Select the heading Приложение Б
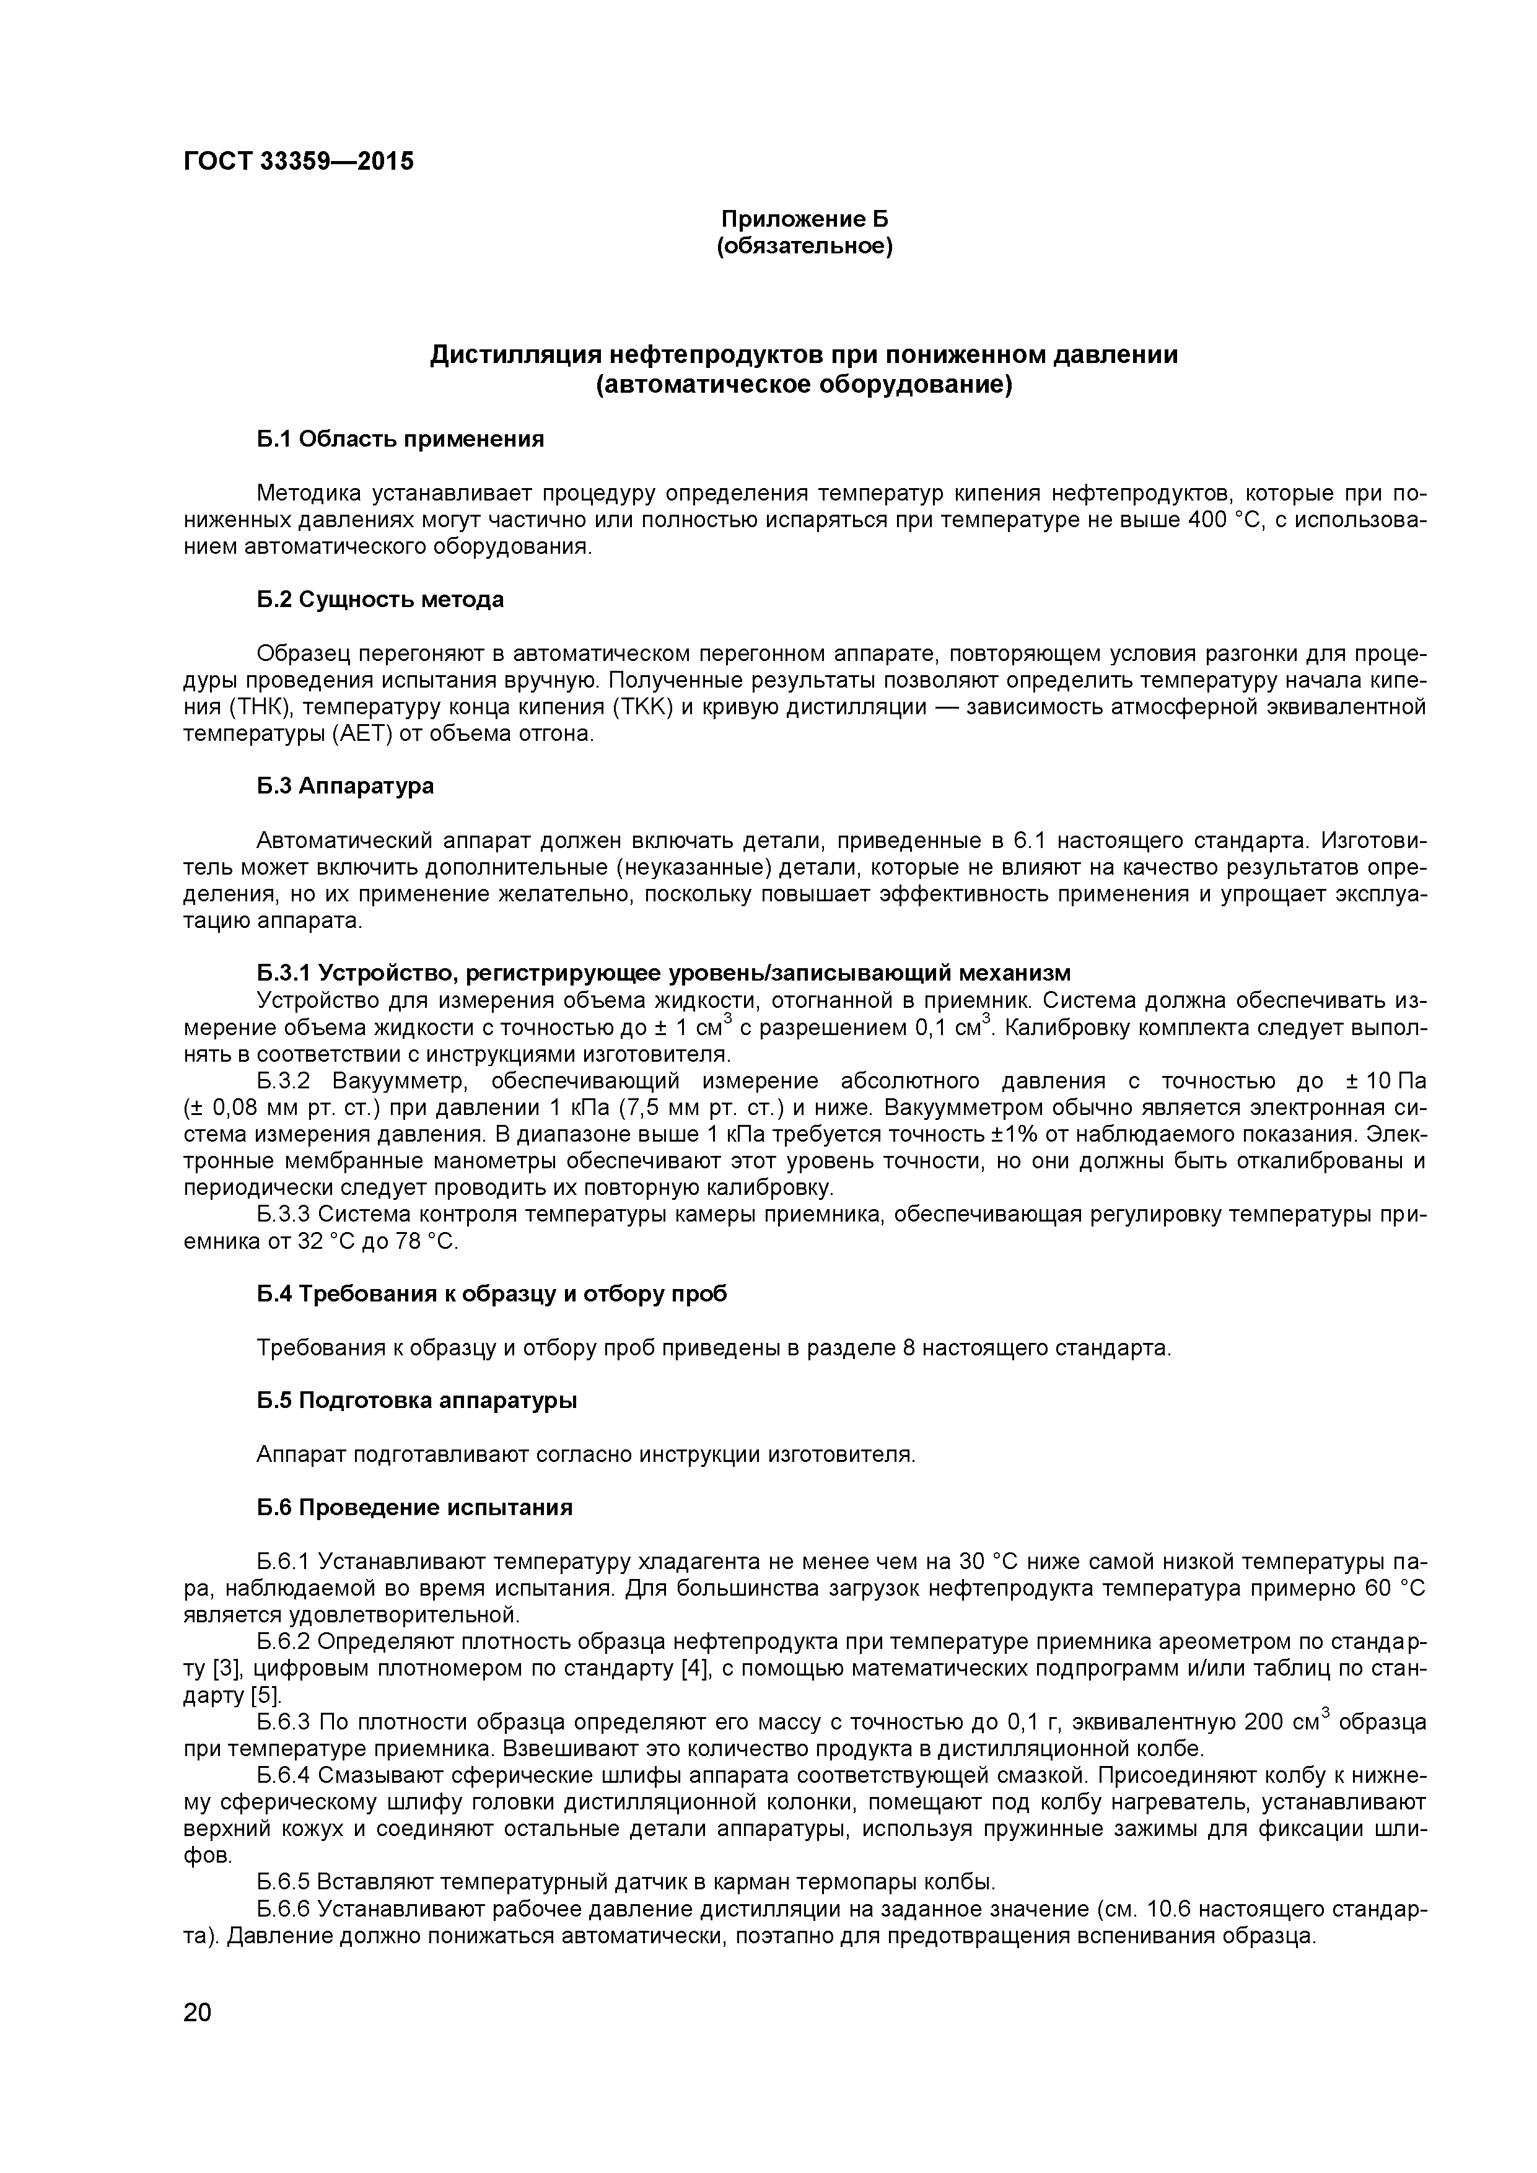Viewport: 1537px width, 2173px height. tap(805, 219)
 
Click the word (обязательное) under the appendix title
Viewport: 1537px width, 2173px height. tap(805, 247)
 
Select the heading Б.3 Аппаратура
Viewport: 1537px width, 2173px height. tap(346, 785)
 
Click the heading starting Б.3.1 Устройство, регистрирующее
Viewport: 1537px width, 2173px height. tap(663, 973)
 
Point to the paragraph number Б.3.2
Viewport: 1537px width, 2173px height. tap(283, 1082)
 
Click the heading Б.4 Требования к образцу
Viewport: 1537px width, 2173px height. tap(492, 1294)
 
